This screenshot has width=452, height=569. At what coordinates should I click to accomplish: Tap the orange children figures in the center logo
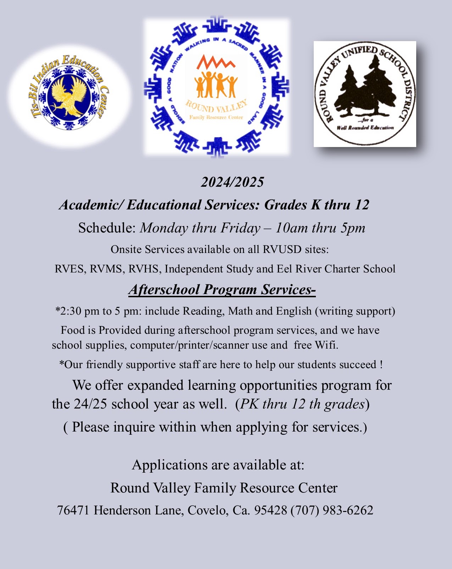click(216, 85)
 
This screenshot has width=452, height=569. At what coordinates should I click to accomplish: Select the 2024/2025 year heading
click(232, 182)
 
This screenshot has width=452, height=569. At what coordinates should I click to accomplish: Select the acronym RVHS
click(145, 269)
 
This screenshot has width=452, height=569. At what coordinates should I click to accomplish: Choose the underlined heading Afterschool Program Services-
click(222, 289)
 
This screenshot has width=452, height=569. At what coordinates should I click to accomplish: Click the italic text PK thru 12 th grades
click(302, 404)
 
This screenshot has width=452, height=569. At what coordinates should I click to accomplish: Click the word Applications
click(169, 465)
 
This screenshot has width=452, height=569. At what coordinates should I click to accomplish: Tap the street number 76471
click(73, 511)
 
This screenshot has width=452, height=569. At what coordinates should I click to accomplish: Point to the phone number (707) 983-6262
click(332, 511)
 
